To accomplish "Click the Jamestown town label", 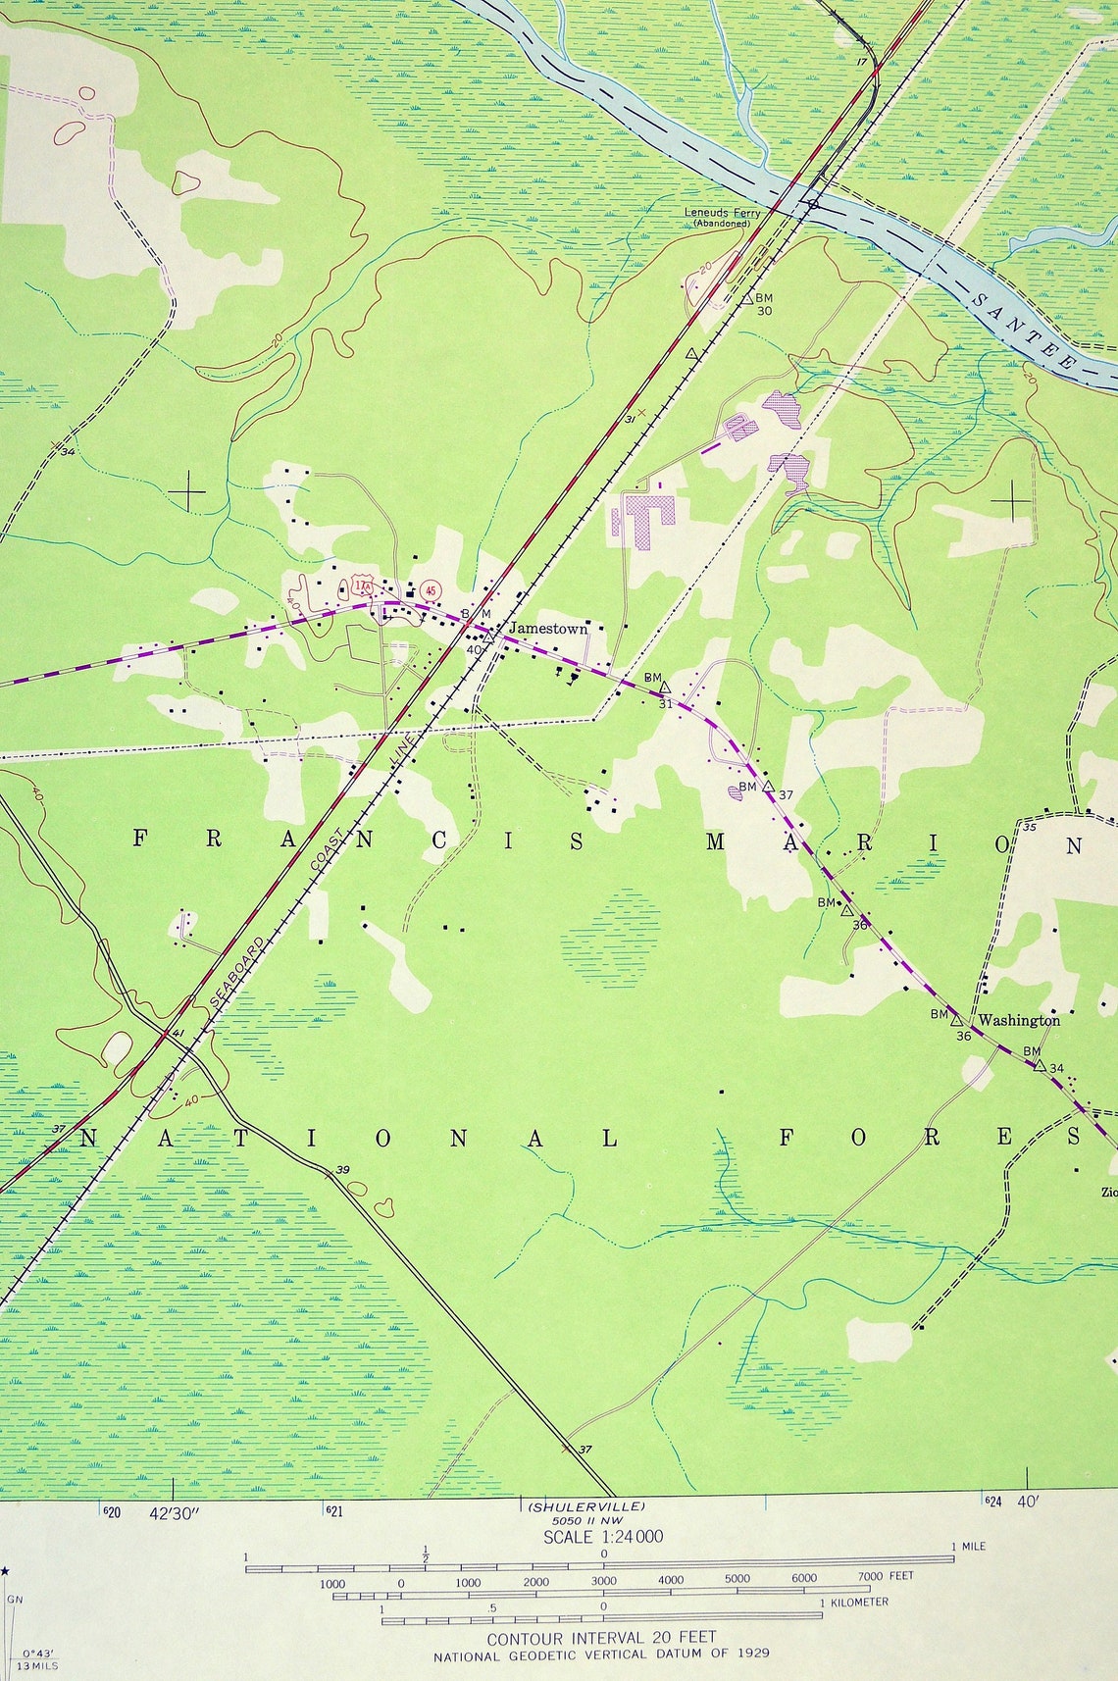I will pos(547,629).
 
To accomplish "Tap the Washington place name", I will pos(1019,1020).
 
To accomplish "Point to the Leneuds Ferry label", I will pos(722,214).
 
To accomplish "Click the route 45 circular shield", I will pos(430,590).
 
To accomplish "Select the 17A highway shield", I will pos(363,586).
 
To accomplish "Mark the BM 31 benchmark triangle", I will pos(665,688).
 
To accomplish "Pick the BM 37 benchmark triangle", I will pos(769,787).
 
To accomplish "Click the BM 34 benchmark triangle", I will pos(1040,1064).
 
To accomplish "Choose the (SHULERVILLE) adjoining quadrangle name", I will pos(586,1505).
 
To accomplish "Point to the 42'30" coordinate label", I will pos(174,1513).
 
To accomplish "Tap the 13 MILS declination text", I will pos(38,1665).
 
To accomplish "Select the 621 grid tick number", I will pos(333,1511).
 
